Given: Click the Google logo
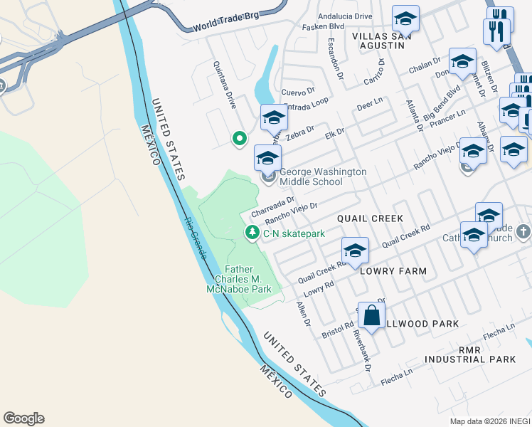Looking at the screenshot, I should coord(23,418).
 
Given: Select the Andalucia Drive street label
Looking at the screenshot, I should coord(345,16).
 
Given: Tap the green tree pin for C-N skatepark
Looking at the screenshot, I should coord(252,233).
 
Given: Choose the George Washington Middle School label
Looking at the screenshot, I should coord(322,176).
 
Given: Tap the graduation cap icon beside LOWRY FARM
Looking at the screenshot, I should coord(355,250).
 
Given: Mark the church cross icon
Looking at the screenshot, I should coord(523,231).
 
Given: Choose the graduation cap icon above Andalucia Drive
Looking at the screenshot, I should coord(405,18).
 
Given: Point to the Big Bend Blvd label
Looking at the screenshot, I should coord(442,103).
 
